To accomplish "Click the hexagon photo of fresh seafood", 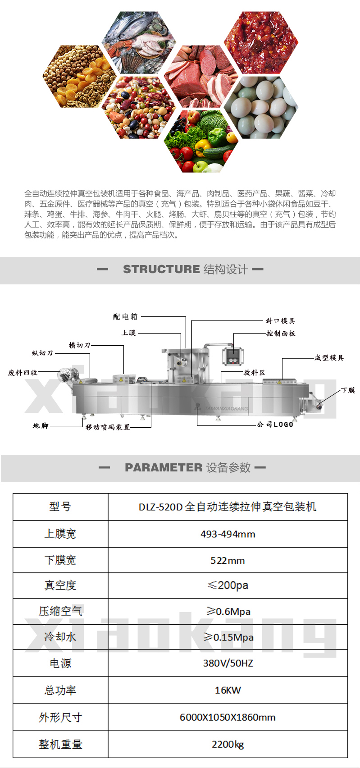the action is click(139, 42).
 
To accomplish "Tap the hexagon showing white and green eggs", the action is click(261, 107).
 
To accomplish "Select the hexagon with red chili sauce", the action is click(261, 42).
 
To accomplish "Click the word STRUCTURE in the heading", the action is click(161, 269).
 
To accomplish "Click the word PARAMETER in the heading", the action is click(164, 467).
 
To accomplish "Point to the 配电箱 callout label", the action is click(126, 316).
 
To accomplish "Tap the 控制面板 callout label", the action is click(281, 333).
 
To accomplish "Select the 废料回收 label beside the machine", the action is click(23, 372).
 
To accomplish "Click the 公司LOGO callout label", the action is click(275, 424).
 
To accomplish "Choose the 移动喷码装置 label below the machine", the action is click(108, 427).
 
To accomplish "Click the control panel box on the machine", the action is click(233, 357).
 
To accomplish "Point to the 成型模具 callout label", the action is click(329, 357).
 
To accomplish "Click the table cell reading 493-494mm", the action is click(228, 534).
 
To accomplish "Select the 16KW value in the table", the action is click(228, 690).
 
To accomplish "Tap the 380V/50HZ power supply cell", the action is click(228, 663).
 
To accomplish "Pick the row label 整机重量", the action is click(60, 744).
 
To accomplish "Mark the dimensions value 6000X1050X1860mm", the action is click(228, 717).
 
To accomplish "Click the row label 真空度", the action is click(60, 585).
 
